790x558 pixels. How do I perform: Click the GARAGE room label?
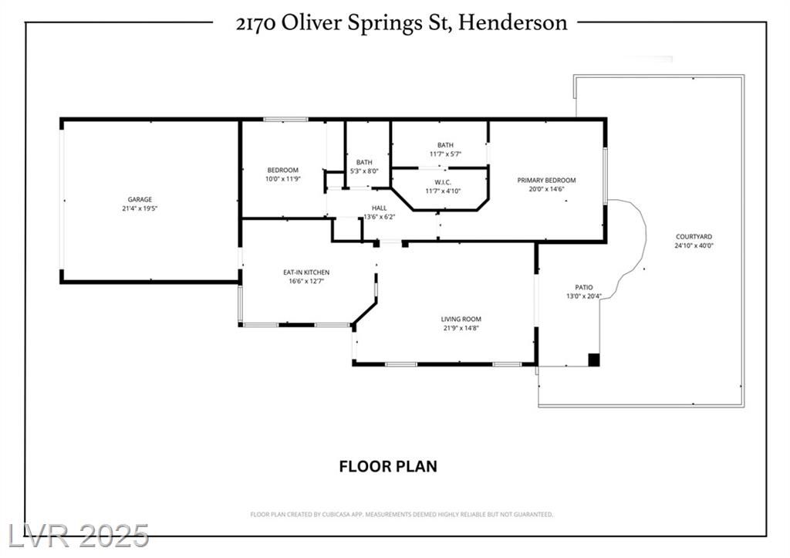point(140,200)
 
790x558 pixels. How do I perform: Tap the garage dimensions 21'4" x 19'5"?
point(140,208)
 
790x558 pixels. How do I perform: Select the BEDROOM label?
point(282,171)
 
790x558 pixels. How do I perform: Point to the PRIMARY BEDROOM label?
point(546,181)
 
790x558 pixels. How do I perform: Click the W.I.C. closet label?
point(442,182)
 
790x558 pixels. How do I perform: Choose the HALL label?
point(380,208)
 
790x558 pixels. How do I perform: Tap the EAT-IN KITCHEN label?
point(306,272)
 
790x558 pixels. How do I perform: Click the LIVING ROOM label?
point(461,319)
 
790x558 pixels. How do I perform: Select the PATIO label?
point(584,288)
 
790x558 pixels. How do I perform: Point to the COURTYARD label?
point(694,237)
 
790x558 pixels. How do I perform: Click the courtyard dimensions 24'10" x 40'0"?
point(694,246)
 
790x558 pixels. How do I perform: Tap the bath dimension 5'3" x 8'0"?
point(364,171)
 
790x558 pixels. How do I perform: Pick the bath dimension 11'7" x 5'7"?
point(445,154)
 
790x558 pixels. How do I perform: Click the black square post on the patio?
point(595,360)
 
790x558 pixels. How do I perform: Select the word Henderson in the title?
point(513,22)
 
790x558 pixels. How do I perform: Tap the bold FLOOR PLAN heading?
point(388,466)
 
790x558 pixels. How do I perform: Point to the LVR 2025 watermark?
point(79,536)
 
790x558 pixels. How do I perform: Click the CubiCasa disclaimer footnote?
point(401,515)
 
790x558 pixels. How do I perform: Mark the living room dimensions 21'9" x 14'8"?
point(461,328)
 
